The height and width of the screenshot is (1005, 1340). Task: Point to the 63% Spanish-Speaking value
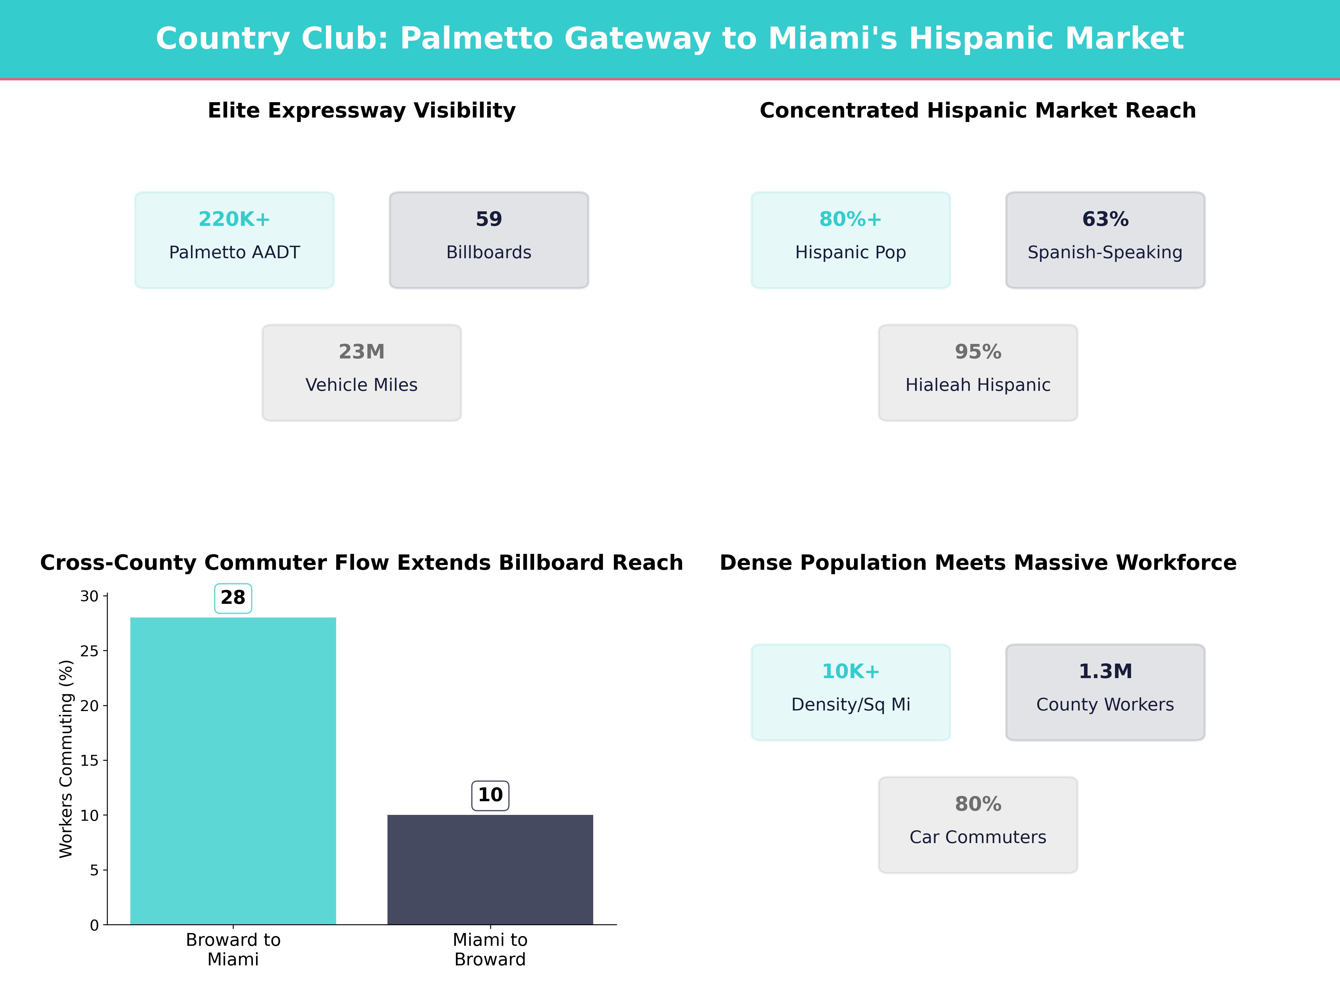pyautogui.click(x=1105, y=219)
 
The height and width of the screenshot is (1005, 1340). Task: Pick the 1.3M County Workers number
pyautogui.click(x=1105, y=671)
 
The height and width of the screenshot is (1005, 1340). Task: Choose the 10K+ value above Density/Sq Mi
pyautogui.click(x=851, y=671)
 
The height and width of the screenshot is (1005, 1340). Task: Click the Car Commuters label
pyautogui.click(x=978, y=837)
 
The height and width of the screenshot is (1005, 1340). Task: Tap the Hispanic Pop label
pyautogui.click(x=851, y=253)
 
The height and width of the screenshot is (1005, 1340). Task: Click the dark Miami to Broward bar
pyautogui.click(x=490, y=869)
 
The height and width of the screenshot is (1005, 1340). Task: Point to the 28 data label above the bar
pyautogui.click(x=233, y=598)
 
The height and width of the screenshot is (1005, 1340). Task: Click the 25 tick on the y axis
pyautogui.click(x=90, y=651)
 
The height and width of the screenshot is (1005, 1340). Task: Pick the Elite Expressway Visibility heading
pyautogui.click(x=362, y=111)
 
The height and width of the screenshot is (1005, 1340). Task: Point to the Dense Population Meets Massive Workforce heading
pyautogui.click(x=978, y=563)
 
